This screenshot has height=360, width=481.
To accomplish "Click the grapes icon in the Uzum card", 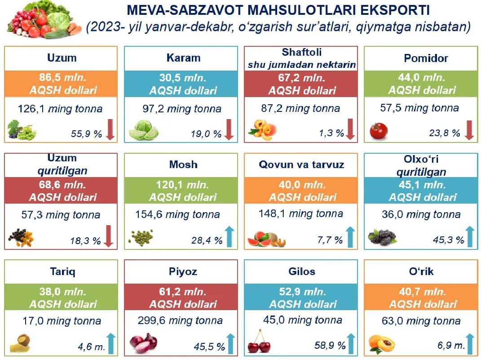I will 22,130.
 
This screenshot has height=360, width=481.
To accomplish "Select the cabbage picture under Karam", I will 143,131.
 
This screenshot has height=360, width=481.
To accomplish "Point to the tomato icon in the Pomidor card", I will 378,130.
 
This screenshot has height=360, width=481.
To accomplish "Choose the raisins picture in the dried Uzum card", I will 21,238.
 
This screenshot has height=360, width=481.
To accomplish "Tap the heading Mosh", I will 183,164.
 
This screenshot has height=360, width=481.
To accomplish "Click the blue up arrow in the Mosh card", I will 230,236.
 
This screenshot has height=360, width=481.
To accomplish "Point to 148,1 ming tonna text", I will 300,214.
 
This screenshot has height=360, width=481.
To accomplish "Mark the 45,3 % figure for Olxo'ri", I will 448,240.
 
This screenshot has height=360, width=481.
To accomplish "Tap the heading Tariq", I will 63,271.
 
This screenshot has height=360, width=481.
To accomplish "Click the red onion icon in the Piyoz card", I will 144,343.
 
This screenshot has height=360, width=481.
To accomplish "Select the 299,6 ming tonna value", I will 180,321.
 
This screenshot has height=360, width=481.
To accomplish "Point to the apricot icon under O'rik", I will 382,344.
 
